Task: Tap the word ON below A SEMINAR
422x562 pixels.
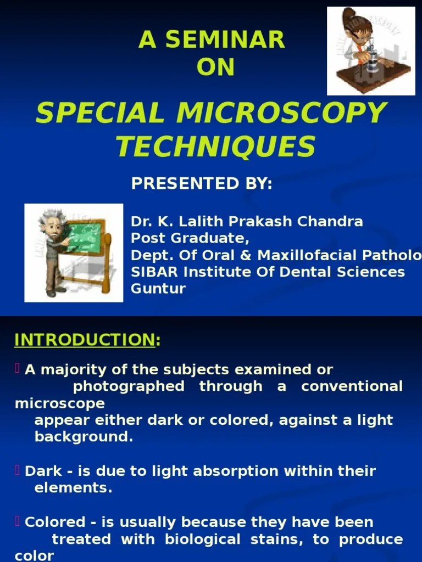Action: point(215,68)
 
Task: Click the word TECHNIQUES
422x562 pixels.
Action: point(215,147)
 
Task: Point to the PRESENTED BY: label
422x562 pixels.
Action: point(202,184)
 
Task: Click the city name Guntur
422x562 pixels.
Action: point(158,289)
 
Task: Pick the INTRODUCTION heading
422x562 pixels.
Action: point(85,340)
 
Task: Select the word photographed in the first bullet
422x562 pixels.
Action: point(129,386)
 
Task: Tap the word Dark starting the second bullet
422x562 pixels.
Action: point(40,471)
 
